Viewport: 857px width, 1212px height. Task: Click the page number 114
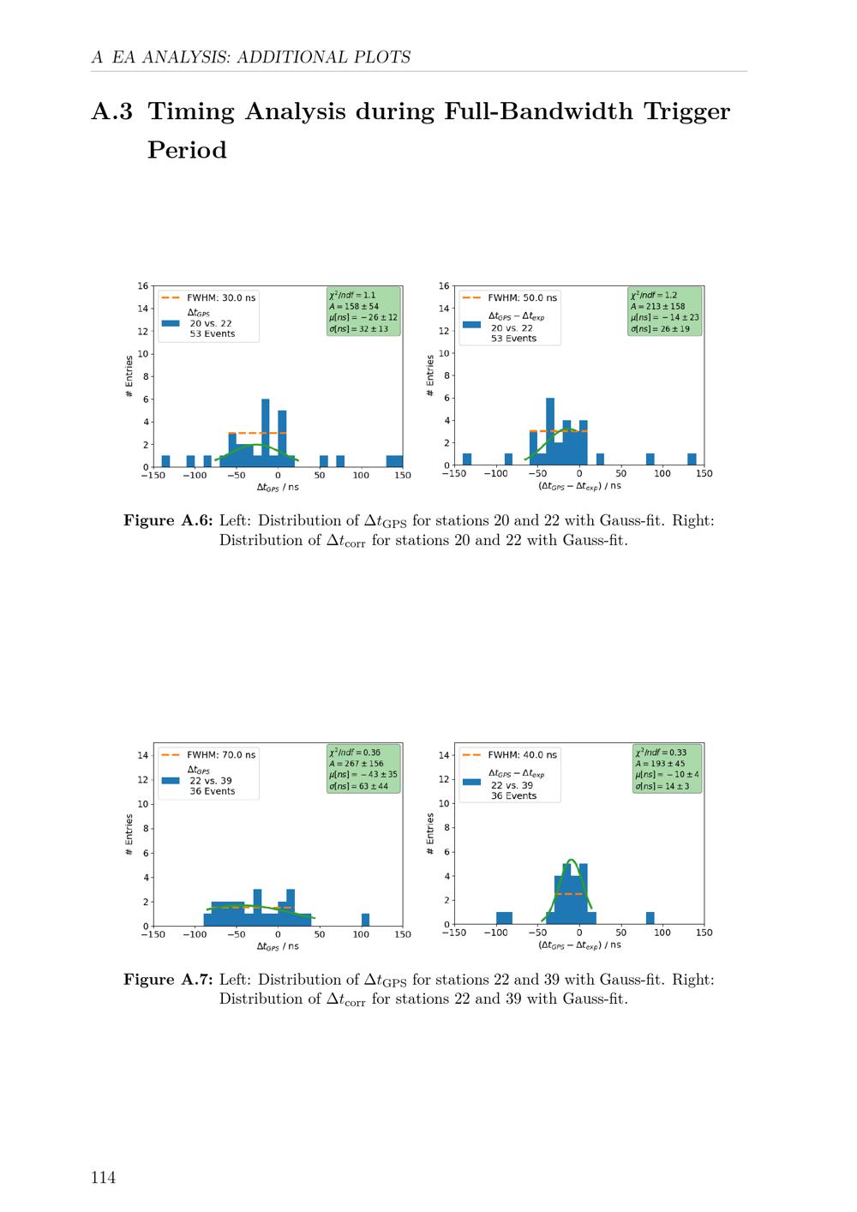(x=103, y=1178)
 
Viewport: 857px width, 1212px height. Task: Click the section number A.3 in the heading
(x=112, y=111)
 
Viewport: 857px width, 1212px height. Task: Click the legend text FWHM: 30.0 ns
(x=221, y=297)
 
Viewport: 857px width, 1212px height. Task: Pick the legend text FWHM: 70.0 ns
(x=221, y=755)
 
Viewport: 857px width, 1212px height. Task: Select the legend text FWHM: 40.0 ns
(x=522, y=755)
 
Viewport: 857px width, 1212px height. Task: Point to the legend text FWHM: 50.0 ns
(x=522, y=297)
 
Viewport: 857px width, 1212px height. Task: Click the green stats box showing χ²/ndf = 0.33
(x=667, y=769)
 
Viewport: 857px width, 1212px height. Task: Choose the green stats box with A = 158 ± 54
(x=363, y=312)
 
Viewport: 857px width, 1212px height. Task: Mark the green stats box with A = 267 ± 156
(x=363, y=769)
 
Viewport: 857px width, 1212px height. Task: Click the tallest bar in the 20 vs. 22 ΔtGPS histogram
(x=265, y=433)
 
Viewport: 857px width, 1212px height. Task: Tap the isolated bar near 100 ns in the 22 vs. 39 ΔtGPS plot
(x=365, y=919)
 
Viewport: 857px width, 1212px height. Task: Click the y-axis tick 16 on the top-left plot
(x=143, y=285)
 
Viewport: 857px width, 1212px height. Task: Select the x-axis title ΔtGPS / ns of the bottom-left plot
(x=278, y=946)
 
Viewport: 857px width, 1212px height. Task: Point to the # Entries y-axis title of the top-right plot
(x=430, y=376)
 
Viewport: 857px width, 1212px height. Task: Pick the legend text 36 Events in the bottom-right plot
(x=514, y=796)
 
